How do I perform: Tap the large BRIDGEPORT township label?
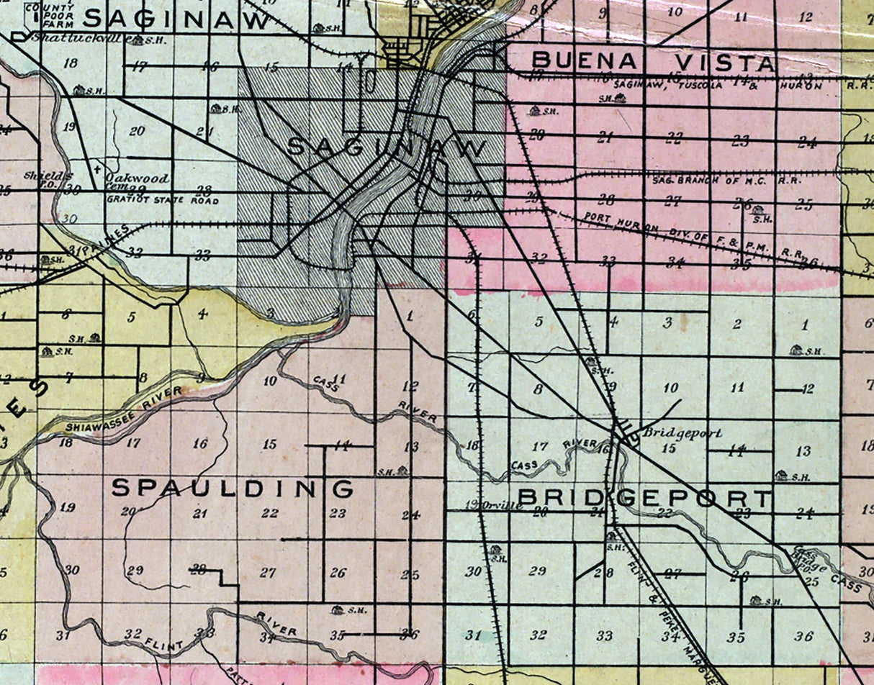point(644,497)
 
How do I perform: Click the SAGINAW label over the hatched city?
point(387,148)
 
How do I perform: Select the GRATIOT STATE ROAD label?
point(162,201)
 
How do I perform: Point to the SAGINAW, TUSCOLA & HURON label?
point(716,85)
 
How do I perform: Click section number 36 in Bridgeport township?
point(803,636)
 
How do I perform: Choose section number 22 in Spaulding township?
point(270,513)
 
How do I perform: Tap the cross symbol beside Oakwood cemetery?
point(96,170)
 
